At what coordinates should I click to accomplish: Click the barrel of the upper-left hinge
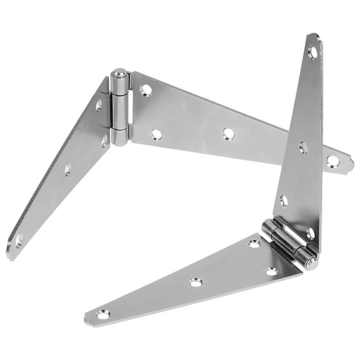119,107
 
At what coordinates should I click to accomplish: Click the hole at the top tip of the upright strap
312,52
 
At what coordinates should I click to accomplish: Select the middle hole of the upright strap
302,147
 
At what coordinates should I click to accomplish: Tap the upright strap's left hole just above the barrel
284,200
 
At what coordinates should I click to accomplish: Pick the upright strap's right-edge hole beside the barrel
311,233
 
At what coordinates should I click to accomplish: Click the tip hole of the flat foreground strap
102,314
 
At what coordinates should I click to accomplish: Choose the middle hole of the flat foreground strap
196,282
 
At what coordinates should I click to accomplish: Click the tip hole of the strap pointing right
332,162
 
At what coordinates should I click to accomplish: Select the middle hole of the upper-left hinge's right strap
228,133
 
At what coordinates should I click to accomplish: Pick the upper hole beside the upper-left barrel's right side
146,90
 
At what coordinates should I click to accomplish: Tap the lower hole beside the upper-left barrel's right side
156,134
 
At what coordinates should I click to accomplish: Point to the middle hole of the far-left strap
67,169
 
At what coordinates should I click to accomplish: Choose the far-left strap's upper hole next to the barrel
98,106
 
